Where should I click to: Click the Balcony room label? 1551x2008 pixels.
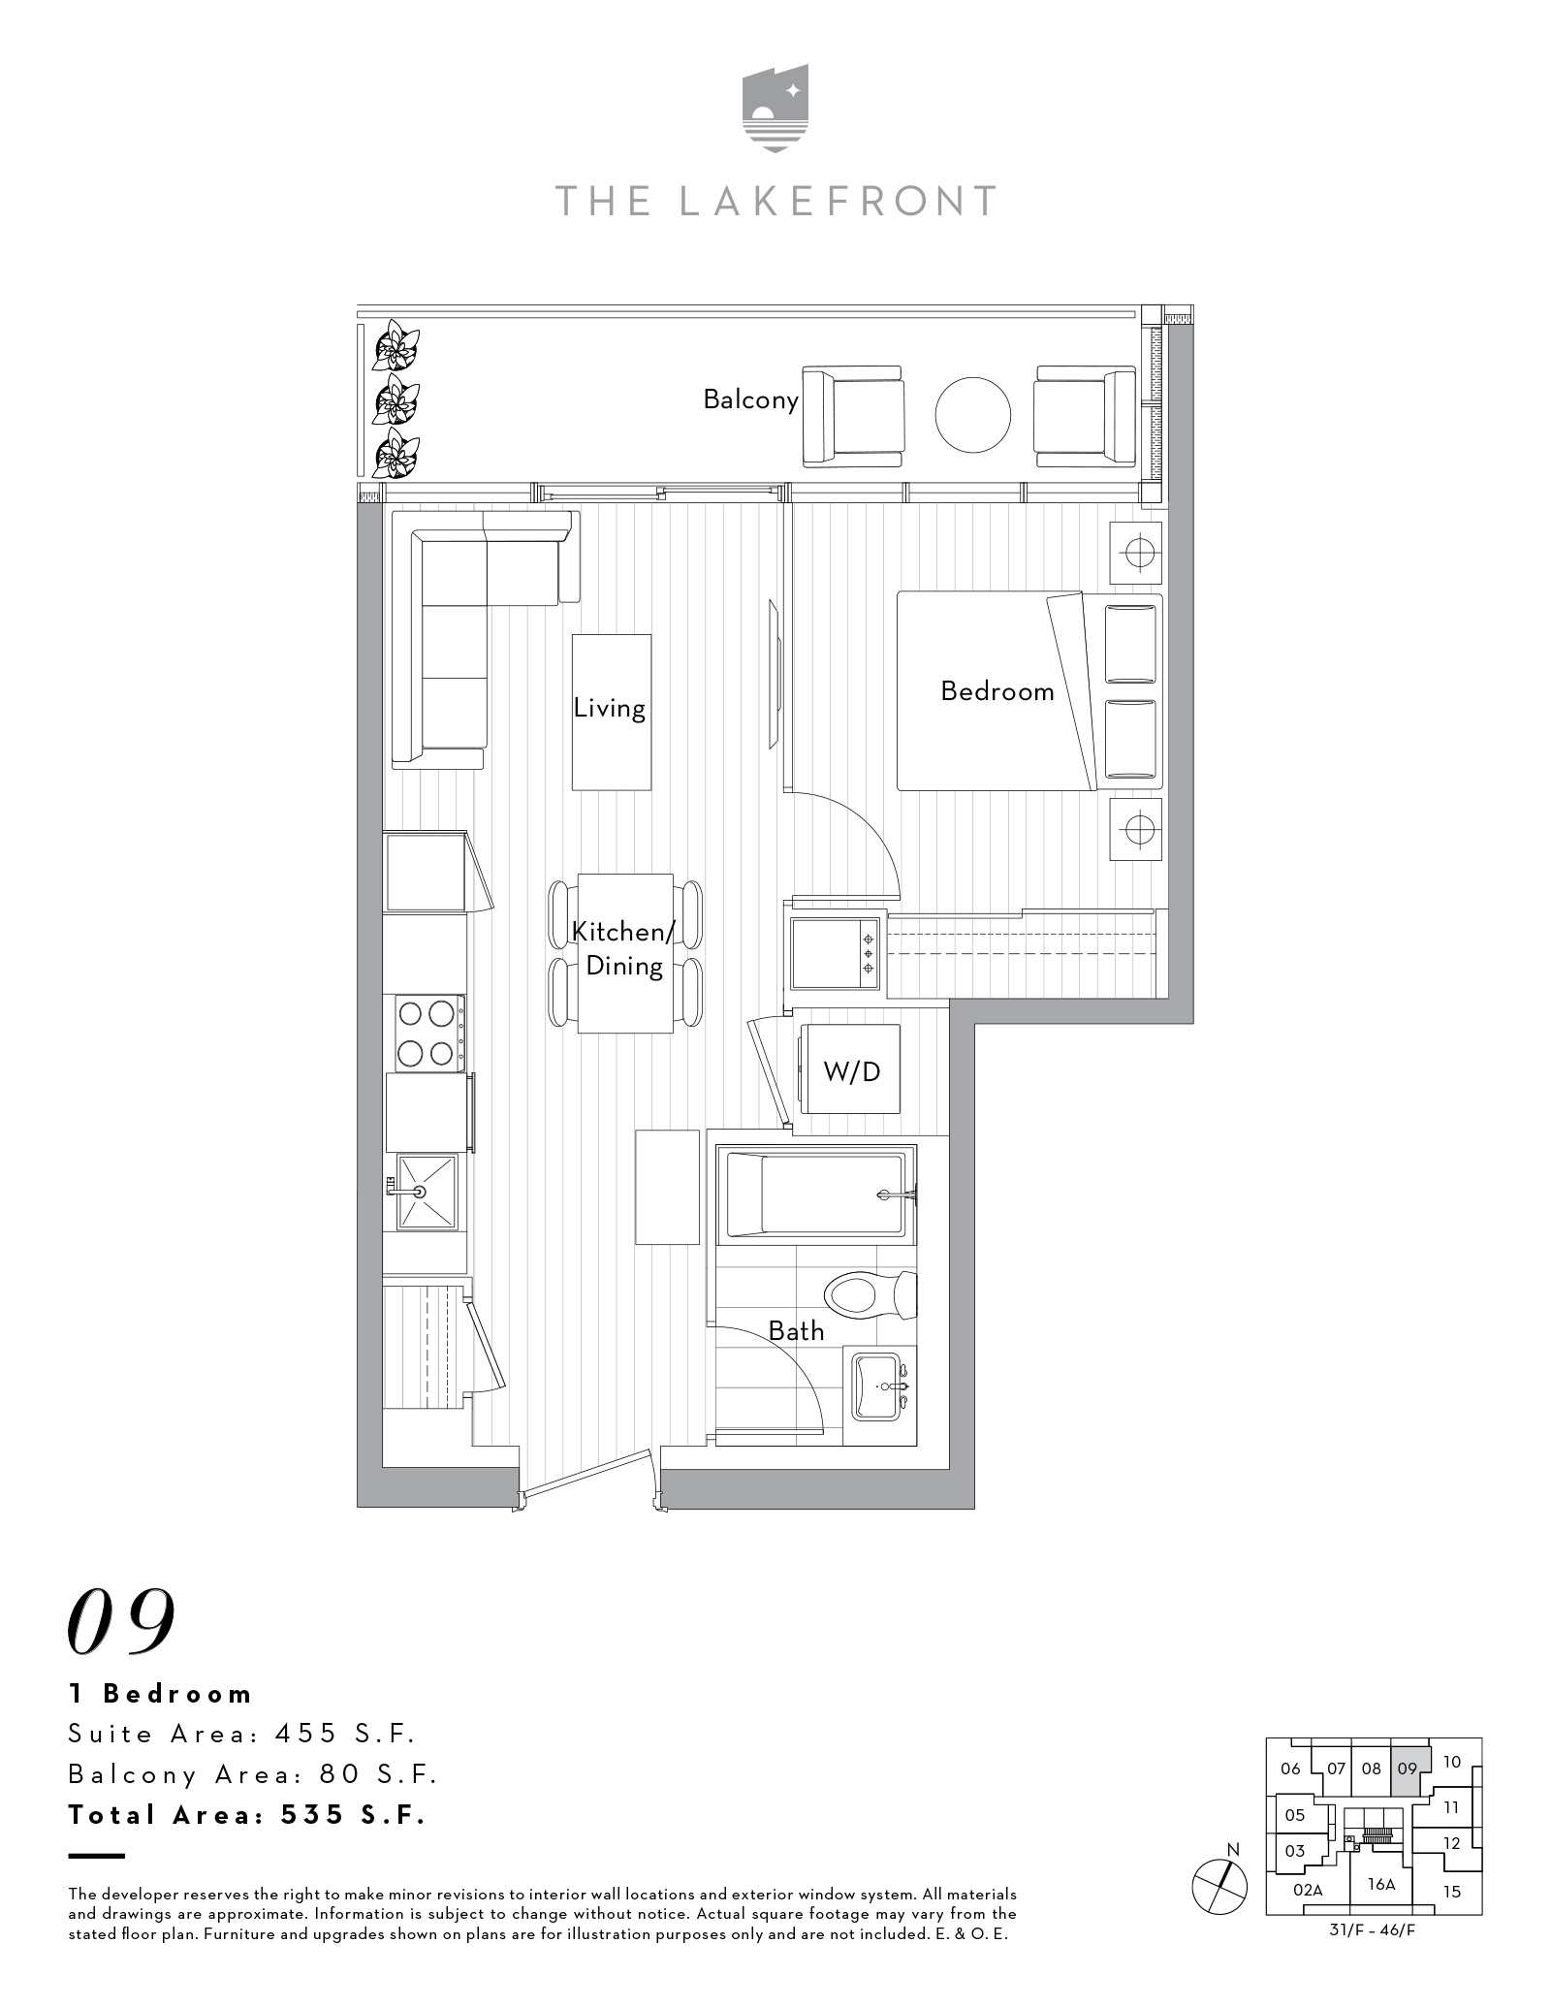(x=750, y=399)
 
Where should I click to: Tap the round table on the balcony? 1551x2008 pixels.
(x=972, y=414)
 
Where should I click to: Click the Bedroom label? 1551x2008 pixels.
(x=997, y=691)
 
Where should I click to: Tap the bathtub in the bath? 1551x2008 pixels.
(x=815, y=1194)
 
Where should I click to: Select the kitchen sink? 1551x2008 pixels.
(x=423, y=1192)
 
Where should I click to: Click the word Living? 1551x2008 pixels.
(x=609, y=709)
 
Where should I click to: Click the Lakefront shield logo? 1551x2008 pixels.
(x=775, y=109)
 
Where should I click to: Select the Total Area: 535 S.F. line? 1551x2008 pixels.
(x=247, y=1815)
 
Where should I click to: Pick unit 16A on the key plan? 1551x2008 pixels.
(x=1380, y=1884)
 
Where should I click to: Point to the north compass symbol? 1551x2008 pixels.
(x=1219, y=1884)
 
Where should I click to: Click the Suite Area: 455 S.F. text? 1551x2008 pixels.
(x=241, y=1734)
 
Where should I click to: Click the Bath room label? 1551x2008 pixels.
(x=796, y=1331)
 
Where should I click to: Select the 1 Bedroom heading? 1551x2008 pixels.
(x=161, y=1694)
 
